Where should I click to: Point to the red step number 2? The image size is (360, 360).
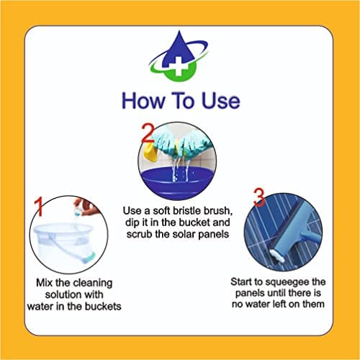pos(147,135)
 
